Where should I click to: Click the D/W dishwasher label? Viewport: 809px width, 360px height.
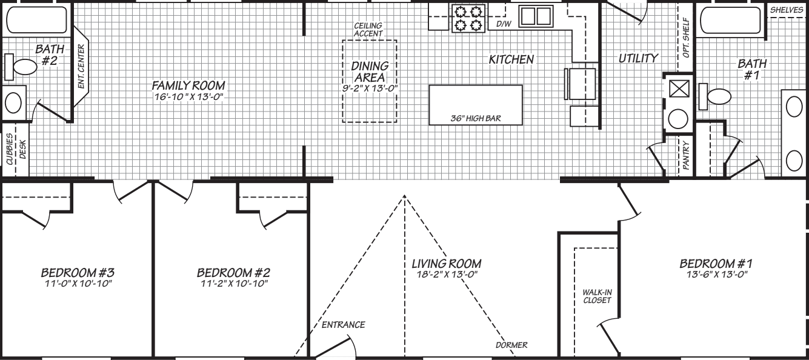503,24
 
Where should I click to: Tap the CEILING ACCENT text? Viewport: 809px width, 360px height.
368,30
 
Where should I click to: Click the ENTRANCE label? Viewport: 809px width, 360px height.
343,325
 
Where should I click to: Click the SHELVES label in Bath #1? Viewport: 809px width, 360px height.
787,10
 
